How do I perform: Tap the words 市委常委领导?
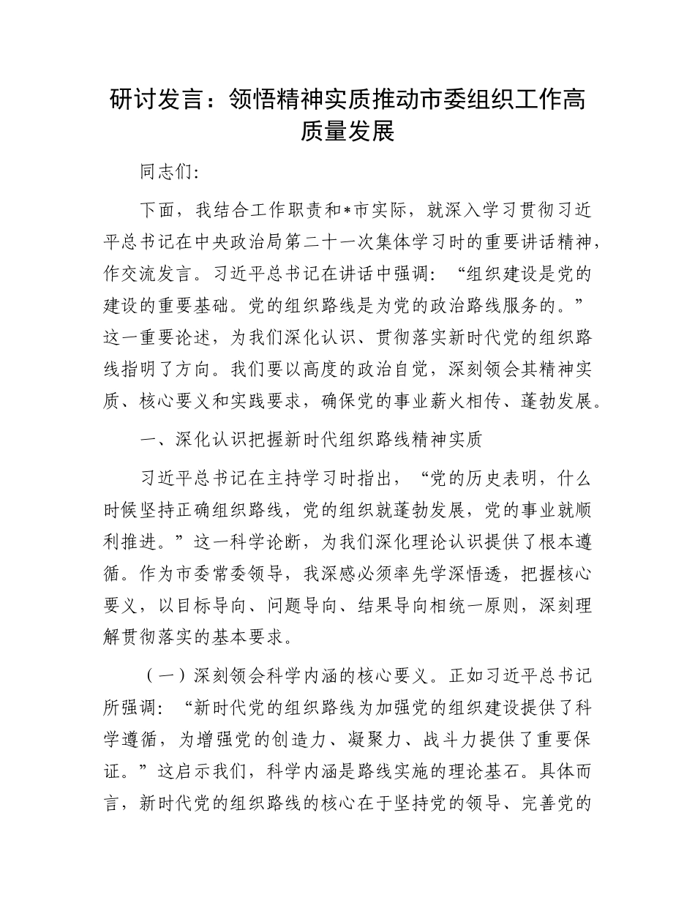coord(235,574)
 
